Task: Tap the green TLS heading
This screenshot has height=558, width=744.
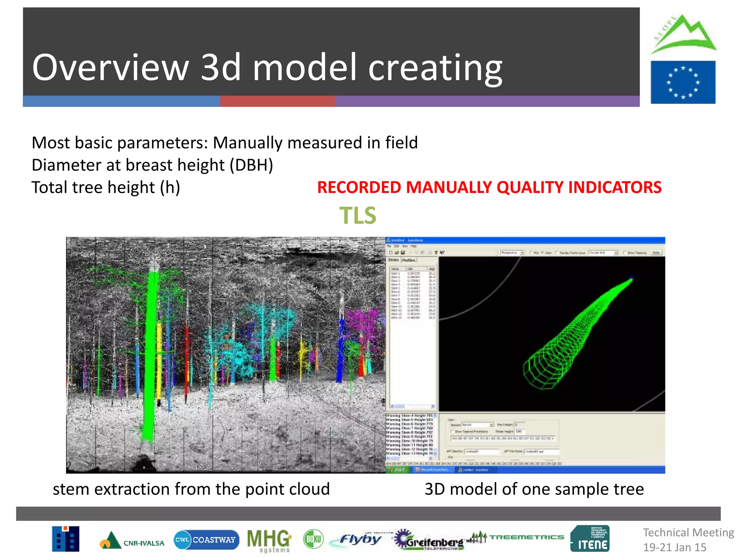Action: tap(357, 215)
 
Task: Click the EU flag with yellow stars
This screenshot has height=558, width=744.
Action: tap(683, 82)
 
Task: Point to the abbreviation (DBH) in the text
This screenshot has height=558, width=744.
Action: tap(251, 165)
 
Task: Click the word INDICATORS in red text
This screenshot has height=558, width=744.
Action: tap(615, 187)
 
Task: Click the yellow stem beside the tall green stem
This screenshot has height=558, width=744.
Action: tap(159, 360)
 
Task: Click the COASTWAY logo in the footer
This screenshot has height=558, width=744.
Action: tap(206, 539)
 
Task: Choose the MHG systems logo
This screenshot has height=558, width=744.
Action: tap(269, 541)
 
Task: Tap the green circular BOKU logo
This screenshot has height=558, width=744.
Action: tap(313, 539)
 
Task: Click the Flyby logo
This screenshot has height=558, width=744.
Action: tap(360, 539)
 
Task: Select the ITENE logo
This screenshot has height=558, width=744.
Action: tap(590, 539)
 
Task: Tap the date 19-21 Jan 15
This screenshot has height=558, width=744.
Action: tap(675, 547)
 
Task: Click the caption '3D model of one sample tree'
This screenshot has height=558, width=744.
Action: tap(534, 489)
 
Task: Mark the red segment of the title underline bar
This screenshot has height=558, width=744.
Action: tap(277, 101)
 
